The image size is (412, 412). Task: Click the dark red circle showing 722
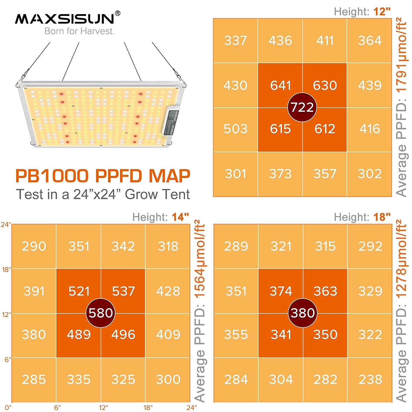tap(302, 107)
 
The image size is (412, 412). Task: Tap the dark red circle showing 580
tap(101, 313)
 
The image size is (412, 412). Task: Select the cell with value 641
tap(280, 85)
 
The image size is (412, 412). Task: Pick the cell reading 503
tap(235, 129)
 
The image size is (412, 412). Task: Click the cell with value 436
tap(280, 41)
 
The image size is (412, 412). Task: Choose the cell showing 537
tap(123, 291)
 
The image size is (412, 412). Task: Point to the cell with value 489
tap(79, 335)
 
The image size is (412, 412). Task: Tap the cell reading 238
tap(370, 380)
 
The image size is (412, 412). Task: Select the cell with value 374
tap(281, 291)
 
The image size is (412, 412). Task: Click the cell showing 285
tap(34, 380)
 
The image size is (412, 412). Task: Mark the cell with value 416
tap(370, 129)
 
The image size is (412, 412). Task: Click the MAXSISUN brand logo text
tap(65, 19)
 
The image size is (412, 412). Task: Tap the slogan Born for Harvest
tap(79, 31)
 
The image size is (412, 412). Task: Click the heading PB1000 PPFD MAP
tap(103, 176)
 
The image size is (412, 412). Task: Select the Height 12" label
tap(362, 12)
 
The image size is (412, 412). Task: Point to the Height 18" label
tap(362, 217)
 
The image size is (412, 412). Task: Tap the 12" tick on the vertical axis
tap(6, 314)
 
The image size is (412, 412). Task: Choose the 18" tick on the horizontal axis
tap(148, 408)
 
